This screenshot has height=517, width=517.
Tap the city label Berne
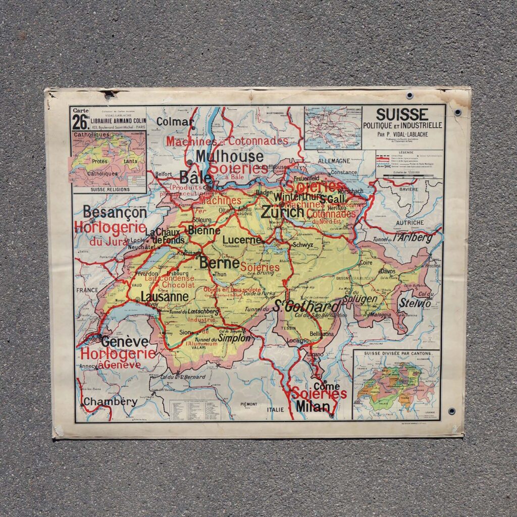coord(219,263)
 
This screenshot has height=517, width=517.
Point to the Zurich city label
coord(283,212)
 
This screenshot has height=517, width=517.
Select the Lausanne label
coord(164,297)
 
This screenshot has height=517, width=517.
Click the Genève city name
coord(125,342)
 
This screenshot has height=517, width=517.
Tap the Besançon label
coord(115,212)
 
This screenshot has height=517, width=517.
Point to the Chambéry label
coord(110,402)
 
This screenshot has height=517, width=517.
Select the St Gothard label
coord(306,306)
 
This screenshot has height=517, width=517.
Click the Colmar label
coord(175,122)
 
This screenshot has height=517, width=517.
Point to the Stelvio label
coord(414,303)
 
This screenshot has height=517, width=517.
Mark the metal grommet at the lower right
coord(451,411)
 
